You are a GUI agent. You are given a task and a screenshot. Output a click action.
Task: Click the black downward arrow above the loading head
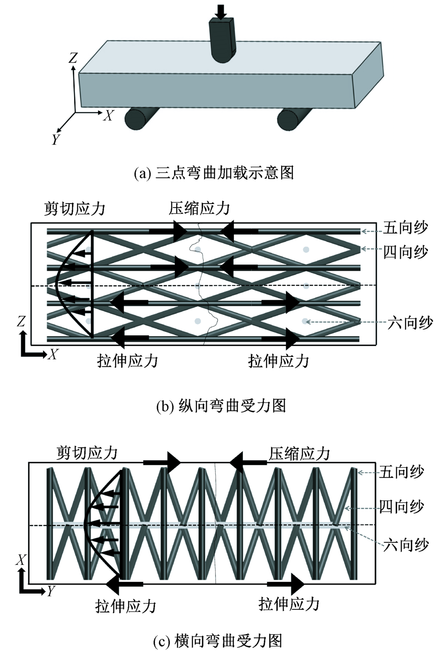coord(221,11)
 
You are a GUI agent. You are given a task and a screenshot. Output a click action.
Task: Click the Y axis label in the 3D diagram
coord(56,139)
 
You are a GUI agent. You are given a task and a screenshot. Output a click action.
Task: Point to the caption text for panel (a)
coord(214,173)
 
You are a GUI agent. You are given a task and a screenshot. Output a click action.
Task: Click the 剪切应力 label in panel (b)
coord(75,209)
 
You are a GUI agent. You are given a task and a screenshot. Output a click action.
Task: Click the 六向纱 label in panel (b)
coord(410,323)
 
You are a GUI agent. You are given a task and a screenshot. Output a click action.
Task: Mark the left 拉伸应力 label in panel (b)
coord(127,360)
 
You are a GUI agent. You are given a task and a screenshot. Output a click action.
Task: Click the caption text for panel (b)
coord(221,406)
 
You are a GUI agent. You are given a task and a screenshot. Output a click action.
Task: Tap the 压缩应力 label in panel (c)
coord(299,454)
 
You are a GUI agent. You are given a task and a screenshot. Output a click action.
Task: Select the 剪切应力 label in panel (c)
coord(87,453)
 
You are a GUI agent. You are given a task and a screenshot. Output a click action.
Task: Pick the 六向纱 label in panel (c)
coord(406,545)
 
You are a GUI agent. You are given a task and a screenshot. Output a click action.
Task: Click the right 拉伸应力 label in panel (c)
coord(289,604)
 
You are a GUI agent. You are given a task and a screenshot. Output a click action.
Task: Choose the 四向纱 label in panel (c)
coord(401,507)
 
